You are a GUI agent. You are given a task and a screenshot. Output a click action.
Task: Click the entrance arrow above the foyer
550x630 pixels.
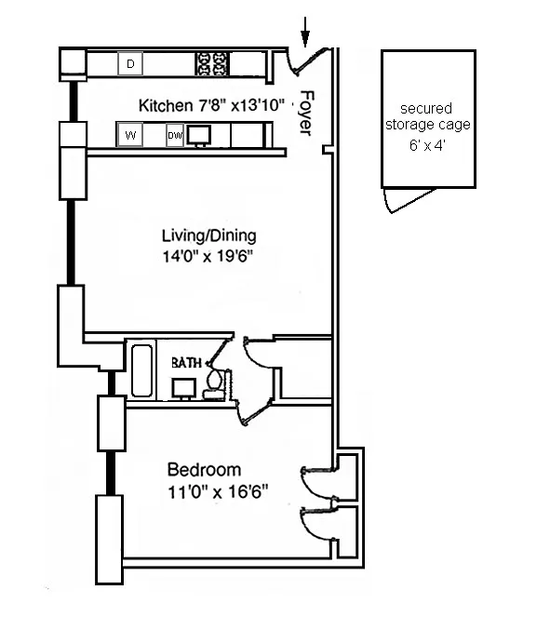pos(305,32)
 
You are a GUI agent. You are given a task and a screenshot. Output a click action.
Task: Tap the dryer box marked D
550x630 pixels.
pos(130,63)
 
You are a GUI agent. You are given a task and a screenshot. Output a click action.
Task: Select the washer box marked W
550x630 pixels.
pos(130,135)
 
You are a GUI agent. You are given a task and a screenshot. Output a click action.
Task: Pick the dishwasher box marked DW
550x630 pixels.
pos(175,136)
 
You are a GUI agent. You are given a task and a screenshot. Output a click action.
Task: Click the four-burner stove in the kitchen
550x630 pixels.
pos(212,63)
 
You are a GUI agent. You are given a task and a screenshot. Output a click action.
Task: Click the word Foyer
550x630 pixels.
pos(306,114)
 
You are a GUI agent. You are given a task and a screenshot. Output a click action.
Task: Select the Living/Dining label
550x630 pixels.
pos(208,235)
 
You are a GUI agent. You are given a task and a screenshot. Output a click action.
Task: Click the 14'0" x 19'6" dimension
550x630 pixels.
pos(208,256)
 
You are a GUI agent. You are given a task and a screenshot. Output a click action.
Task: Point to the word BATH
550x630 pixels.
pos(186,363)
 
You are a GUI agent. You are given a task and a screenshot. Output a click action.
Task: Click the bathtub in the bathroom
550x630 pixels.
pos(141,370)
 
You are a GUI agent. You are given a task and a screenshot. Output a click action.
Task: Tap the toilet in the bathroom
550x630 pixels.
pos(215,384)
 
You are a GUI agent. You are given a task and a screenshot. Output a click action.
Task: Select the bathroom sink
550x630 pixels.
pos(184,389)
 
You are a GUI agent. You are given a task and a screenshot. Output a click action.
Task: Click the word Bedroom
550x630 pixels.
pos(204,470)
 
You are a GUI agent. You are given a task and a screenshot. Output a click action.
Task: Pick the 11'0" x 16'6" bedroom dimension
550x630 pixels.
pos(218,491)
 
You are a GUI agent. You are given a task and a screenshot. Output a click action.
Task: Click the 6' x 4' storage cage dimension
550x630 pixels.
pos(427,144)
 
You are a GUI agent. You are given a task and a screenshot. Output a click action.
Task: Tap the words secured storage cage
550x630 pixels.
pos(427,116)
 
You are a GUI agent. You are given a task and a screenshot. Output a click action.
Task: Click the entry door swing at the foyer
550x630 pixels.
pos(306,63)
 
